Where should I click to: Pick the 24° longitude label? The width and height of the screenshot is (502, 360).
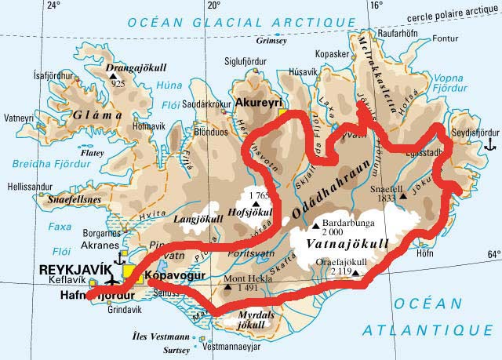click(x=53, y=6)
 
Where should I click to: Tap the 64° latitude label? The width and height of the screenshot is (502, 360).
click(x=493, y=254)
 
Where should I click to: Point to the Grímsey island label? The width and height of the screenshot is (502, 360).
click(x=272, y=42)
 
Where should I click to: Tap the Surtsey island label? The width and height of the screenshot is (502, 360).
click(x=176, y=351)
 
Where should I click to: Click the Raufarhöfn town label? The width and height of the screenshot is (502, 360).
click(x=399, y=35)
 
